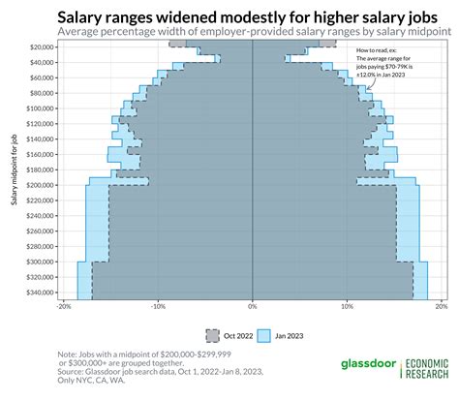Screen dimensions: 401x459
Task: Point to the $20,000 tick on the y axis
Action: tap(40, 46)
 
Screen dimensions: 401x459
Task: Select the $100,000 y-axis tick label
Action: tap(38, 108)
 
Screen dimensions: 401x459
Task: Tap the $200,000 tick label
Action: tap(38, 185)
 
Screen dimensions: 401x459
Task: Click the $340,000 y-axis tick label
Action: tap(38, 293)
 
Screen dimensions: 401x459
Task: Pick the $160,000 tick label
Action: tap(38, 154)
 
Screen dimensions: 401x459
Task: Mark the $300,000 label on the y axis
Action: tap(38, 262)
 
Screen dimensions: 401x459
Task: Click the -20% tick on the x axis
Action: tap(63, 307)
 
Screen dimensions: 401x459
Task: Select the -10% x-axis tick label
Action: tap(157, 307)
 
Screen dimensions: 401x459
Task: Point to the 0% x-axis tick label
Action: tap(252, 307)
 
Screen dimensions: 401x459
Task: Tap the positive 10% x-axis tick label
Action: tap(346, 307)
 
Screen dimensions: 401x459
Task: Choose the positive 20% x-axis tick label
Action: tap(440, 307)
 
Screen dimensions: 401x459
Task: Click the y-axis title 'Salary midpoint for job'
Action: tap(12, 170)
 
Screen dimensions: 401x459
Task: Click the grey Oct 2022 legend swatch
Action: tap(213, 334)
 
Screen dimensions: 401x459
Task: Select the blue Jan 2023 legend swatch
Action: tap(265, 334)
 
